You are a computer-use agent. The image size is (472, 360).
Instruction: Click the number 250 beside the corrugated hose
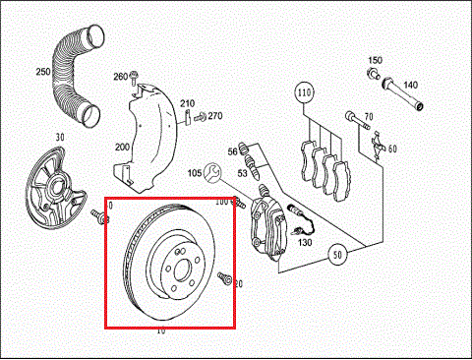coord(42,72)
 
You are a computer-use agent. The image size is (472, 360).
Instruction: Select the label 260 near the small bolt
coord(120,77)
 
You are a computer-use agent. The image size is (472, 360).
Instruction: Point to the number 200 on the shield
coord(122,146)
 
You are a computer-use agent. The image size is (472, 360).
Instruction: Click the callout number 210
coord(187,103)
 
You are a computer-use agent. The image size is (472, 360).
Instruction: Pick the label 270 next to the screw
coord(214,116)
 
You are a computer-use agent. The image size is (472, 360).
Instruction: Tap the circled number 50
coord(339,254)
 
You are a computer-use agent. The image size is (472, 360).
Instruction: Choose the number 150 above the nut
coord(376,61)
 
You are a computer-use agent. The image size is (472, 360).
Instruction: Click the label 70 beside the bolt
coord(369,118)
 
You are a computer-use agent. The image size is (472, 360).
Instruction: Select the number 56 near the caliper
coord(233,150)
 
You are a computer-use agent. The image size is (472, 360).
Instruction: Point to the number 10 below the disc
coord(161,331)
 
